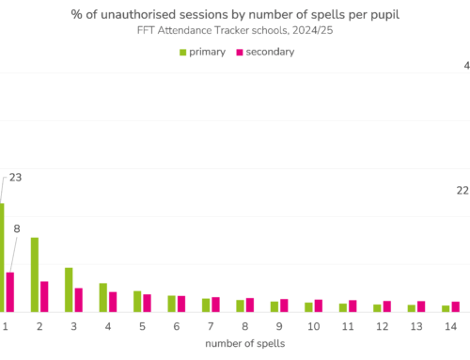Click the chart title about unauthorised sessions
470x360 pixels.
point(234,14)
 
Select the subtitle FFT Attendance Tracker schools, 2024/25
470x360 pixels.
point(234,31)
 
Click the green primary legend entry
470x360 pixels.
point(201,52)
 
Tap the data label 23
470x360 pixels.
point(16,177)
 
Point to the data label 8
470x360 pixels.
point(16,227)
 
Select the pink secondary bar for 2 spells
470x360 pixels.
point(44,296)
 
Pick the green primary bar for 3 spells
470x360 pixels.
point(69,290)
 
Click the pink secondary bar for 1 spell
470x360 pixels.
point(10,291)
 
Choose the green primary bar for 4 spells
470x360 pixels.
point(103,297)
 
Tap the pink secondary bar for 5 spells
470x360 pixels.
point(147,303)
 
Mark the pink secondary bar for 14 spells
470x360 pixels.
point(455,306)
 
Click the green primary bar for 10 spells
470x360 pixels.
point(308,306)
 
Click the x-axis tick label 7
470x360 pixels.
point(211,325)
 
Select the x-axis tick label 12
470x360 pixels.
point(382,325)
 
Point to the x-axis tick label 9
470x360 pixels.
point(279,325)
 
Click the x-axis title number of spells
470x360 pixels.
point(243,344)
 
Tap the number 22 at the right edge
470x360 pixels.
point(462,191)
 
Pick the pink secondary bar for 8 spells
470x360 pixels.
point(249,305)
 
